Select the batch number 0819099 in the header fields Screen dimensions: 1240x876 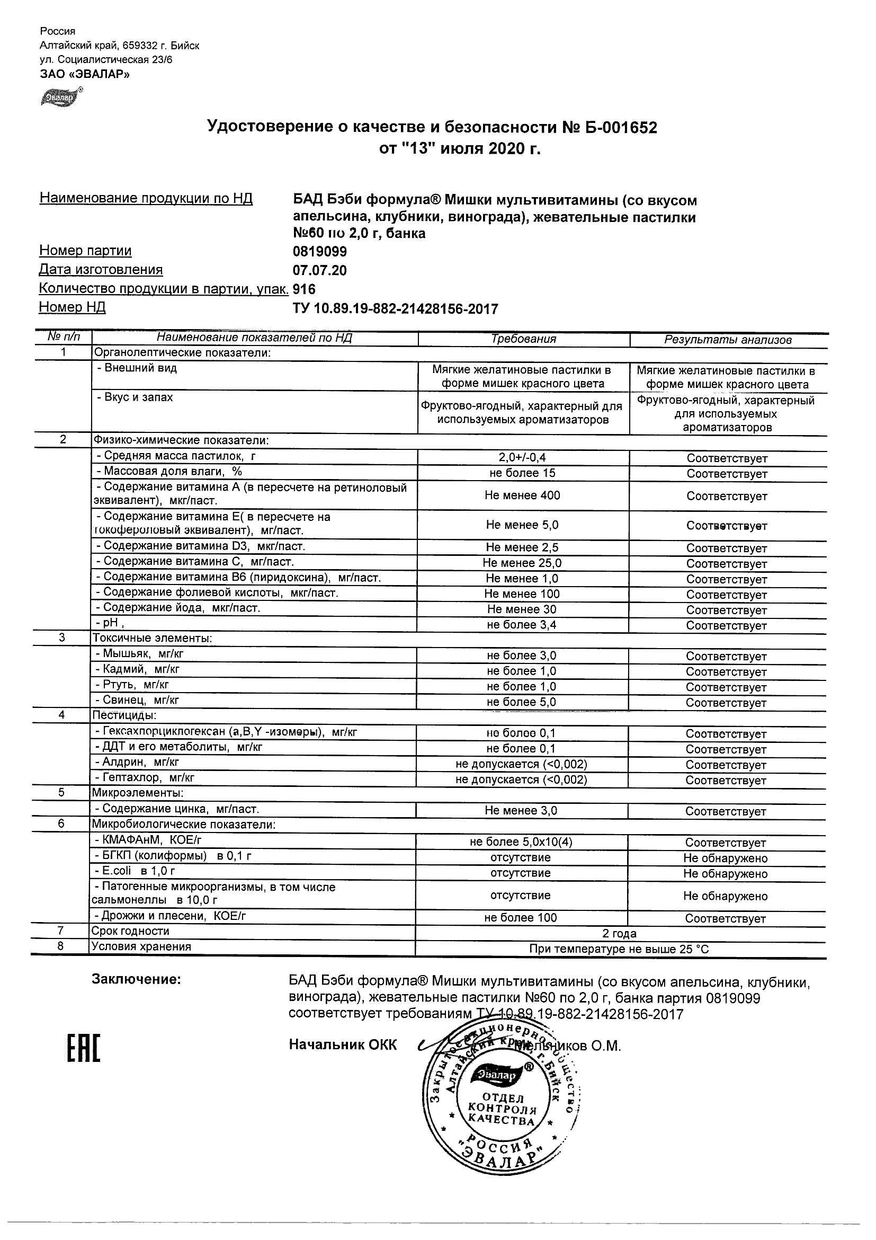319,252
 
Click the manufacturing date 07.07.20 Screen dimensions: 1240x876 319,270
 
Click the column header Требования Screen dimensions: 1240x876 523,339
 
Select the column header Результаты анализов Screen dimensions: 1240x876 728,340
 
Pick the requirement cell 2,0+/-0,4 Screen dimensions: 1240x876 522,457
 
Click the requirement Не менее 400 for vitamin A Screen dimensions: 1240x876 522,495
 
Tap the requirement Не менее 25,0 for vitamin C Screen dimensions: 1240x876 522,563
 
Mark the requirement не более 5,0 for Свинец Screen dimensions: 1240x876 521,702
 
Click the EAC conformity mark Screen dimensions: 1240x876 84,1049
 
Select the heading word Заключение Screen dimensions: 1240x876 136,979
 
